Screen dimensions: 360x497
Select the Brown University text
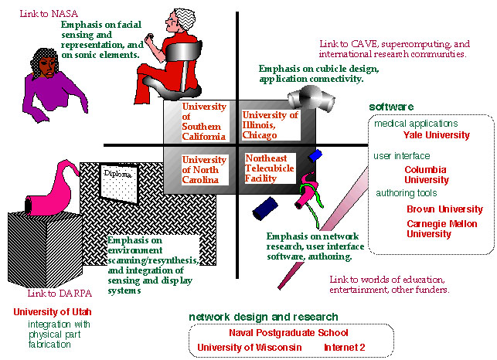pos(444,209)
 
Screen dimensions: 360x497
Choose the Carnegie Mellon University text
pos(444,228)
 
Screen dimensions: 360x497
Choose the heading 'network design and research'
pos(263,317)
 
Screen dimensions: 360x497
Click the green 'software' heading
pos(392,107)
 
